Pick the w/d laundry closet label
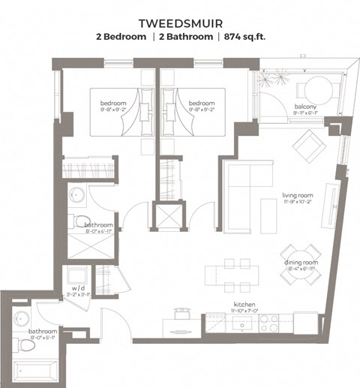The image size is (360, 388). [77, 288]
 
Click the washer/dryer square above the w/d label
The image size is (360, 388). [76, 274]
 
